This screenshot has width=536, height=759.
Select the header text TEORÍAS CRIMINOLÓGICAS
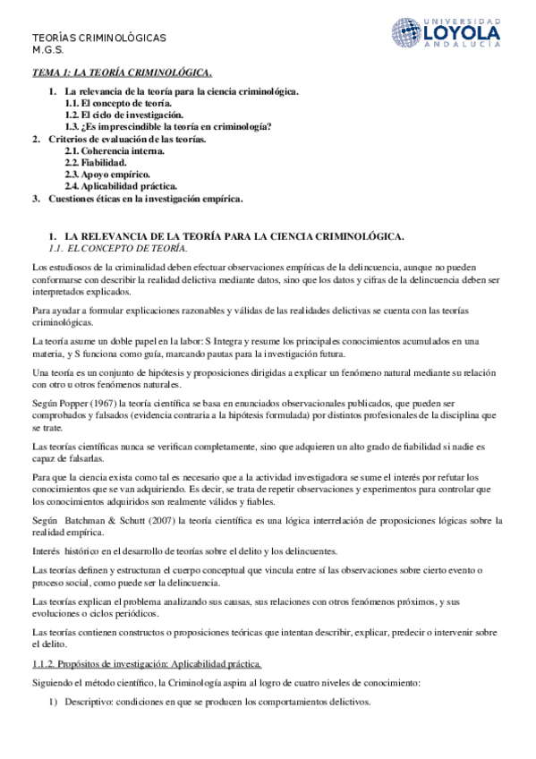[x=99, y=38]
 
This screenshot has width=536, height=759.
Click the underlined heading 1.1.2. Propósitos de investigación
[x=146, y=663]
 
